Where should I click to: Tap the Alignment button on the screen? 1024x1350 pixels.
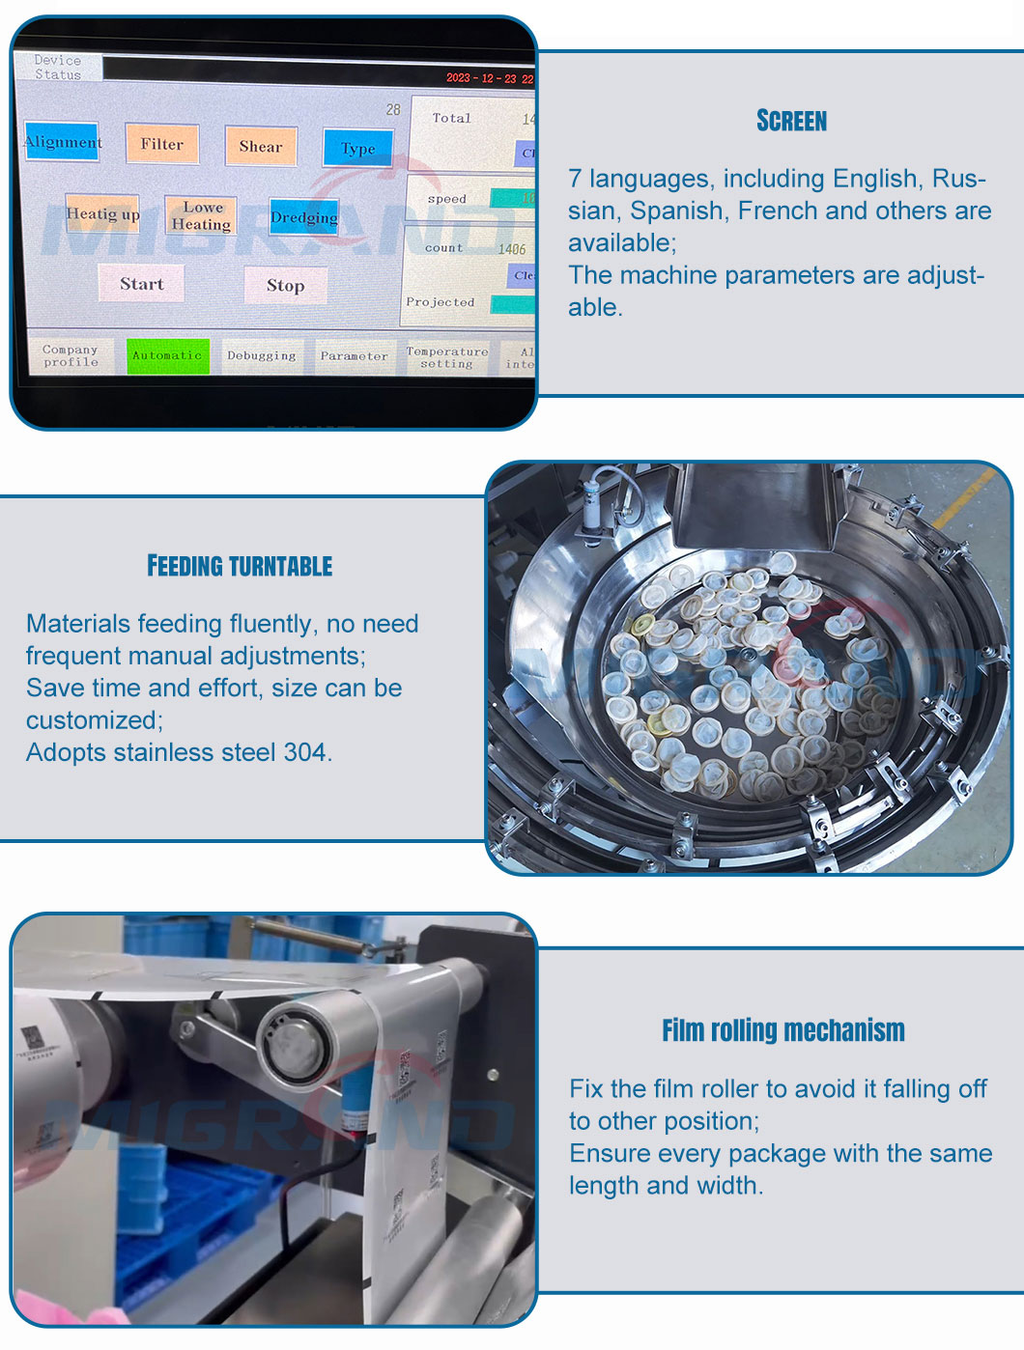tap(63, 142)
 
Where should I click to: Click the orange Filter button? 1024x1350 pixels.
tap(162, 144)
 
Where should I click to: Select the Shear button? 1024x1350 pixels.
tap(261, 146)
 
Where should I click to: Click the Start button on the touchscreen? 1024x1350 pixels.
tap(142, 284)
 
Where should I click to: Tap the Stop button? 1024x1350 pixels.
tap(285, 286)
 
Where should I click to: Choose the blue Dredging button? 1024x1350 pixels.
tap(304, 217)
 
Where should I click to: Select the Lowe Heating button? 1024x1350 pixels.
tap(202, 215)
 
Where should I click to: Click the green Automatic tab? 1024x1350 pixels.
tap(167, 355)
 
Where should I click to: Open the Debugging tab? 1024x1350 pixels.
tap(262, 355)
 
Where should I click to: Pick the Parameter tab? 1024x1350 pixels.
tap(354, 356)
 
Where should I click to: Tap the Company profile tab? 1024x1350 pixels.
tap(71, 355)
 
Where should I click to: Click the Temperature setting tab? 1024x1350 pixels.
tap(446, 357)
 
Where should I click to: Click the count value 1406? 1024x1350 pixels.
tap(512, 249)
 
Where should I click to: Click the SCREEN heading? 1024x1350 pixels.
tap(792, 121)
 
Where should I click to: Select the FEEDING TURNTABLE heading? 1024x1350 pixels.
tap(240, 566)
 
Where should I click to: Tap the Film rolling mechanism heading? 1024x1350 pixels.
tap(783, 1030)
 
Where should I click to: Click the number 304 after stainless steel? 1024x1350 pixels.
tap(306, 752)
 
